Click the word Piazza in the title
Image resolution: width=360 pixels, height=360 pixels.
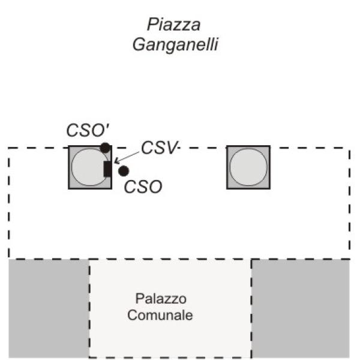coord(173,25)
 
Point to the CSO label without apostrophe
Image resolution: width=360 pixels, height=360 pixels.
coord(143,187)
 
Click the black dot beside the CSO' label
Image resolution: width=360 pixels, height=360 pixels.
coord(105,148)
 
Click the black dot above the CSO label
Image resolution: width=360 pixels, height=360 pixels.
coord(124,171)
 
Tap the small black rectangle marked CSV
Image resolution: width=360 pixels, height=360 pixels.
coord(107,169)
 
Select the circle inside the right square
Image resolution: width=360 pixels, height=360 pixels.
coord(248,167)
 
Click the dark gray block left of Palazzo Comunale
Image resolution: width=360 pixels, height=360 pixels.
coord(49,307)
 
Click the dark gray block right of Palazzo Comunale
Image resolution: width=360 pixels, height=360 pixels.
coord(300,307)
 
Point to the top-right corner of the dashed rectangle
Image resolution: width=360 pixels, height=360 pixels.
coord(349,148)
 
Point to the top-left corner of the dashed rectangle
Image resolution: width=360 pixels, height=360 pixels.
coord(8,148)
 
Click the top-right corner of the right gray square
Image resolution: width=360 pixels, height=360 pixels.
coord(269,146)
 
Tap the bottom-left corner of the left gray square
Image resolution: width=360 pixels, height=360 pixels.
coord(68,189)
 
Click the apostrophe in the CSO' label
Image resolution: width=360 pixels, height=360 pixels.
coord(104,127)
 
